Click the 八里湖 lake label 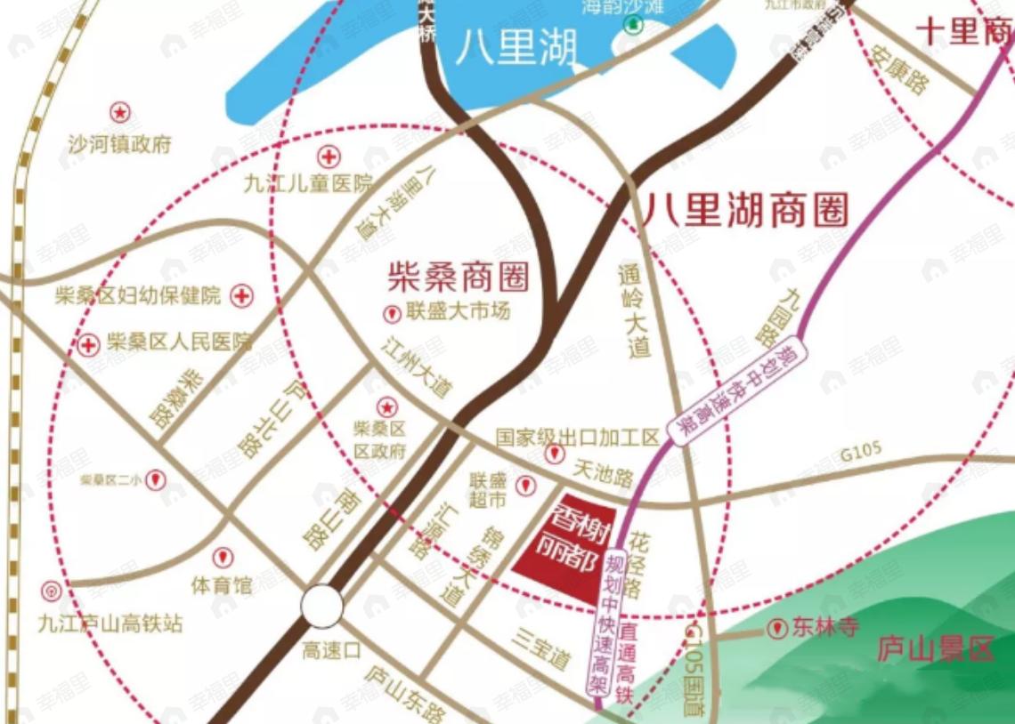516,46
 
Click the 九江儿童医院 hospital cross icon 330,158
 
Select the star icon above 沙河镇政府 119,112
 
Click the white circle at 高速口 321,607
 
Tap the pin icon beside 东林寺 778,629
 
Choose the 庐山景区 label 934,648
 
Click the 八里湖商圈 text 746,211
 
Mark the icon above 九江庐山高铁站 52,591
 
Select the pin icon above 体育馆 222,558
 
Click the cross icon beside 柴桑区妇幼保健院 241,296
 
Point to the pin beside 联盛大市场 391,314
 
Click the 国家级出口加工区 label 578,438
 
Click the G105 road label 861,453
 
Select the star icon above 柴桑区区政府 387,407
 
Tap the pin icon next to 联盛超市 526,486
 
